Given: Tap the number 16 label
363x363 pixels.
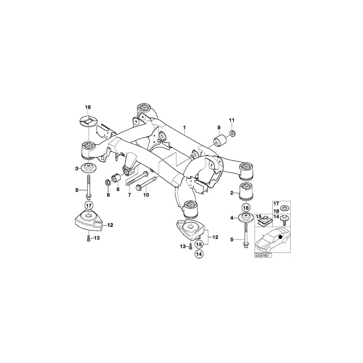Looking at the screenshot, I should point(88,107).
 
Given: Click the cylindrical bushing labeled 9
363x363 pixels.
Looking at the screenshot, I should point(220,142).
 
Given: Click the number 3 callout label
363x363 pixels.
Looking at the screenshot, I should point(77,168).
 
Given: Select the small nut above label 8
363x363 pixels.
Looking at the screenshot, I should point(108,181).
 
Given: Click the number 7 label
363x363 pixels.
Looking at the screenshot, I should point(129,195).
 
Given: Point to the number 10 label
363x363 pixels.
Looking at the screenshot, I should point(146,195).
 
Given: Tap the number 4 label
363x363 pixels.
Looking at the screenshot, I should point(232,218).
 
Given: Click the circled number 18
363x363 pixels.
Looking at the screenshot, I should point(246,209).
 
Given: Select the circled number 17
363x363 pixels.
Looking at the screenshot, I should point(88,205).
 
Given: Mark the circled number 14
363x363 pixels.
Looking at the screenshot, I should point(198,254).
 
